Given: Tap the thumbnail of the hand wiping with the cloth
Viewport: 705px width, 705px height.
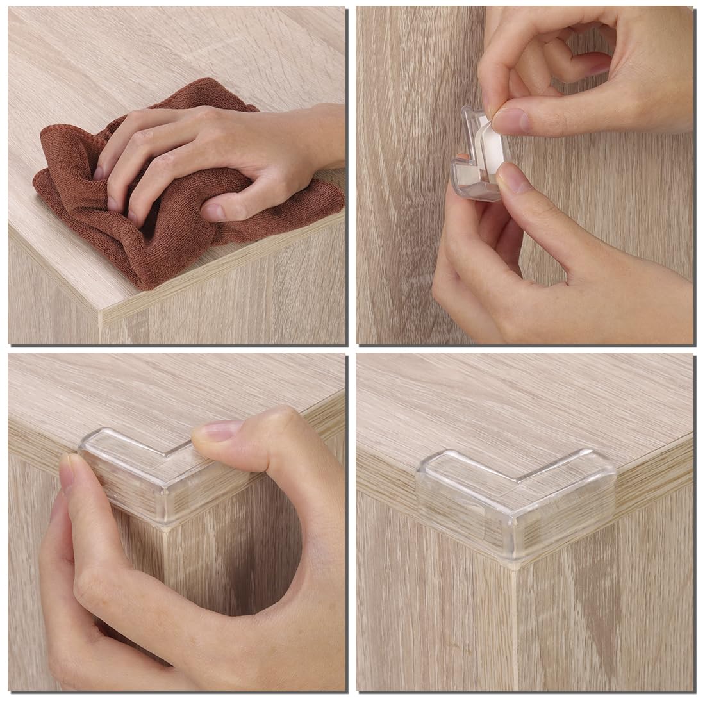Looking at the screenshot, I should [212, 211].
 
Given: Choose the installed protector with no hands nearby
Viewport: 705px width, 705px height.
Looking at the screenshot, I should [516, 506].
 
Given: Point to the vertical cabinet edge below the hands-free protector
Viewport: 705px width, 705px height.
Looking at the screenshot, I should [514, 628].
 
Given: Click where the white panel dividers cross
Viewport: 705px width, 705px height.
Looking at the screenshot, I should [351, 348].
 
